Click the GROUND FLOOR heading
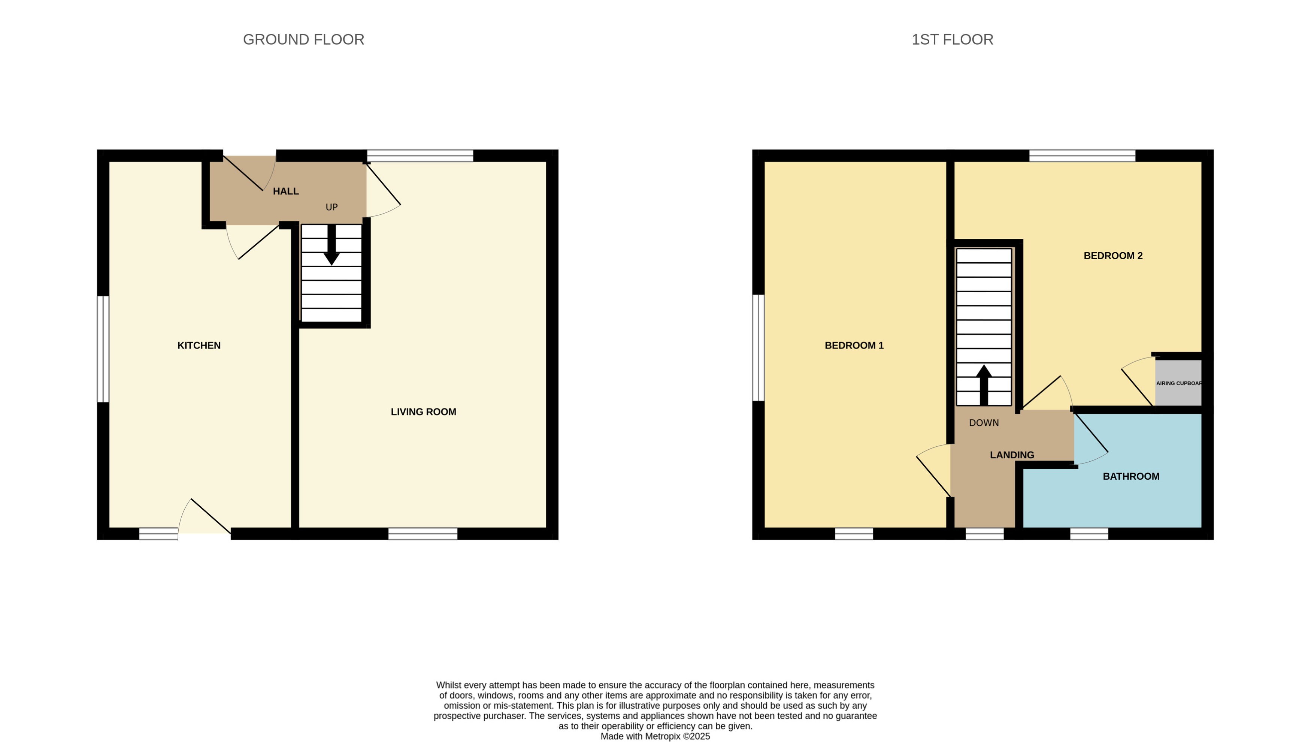[x=303, y=39]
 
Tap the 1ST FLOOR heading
[x=952, y=39]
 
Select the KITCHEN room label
[x=199, y=346]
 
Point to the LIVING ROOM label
[x=423, y=412]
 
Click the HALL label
[x=286, y=191]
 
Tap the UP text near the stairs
[x=331, y=207]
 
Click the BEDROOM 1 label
[x=854, y=346]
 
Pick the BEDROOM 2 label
[x=1113, y=256]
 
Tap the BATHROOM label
[x=1131, y=476]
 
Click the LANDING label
[x=1011, y=455]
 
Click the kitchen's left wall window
[x=103, y=349]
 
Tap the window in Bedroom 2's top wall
[x=1082, y=156]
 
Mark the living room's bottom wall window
[x=423, y=534]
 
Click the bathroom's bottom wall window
[x=1089, y=534]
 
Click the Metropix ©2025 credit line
[x=655, y=736]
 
